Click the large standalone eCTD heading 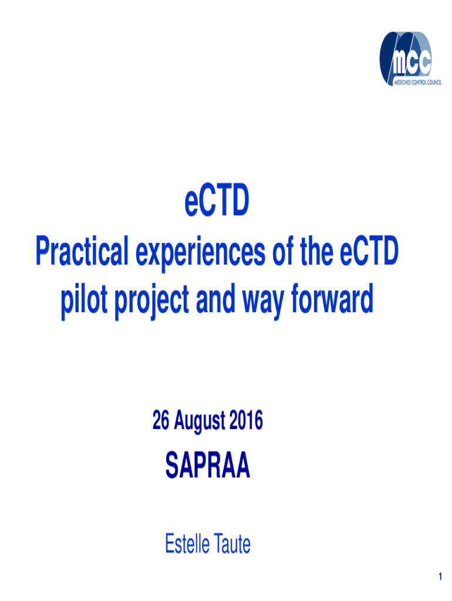click(217, 200)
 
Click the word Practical click(82, 251)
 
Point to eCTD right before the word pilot click(369, 251)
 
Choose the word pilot click(84, 302)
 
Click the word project click(152, 302)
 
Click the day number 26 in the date click(161, 420)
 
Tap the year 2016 click(246, 420)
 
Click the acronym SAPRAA click(208, 465)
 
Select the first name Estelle click(187, 543)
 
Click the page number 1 click(440, 576)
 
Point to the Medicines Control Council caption click(418, 82)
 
